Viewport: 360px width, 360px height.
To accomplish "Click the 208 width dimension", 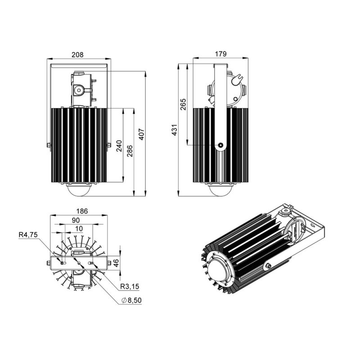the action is pyautogui.click(x=77, y=55).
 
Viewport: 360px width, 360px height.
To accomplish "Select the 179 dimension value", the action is pyautogui.click(x=220, y=54).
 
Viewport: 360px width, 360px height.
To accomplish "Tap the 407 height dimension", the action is pyautogui.click(x=141, y=134).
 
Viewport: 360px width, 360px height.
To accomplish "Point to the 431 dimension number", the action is pyautogui.click(x=175, y=130).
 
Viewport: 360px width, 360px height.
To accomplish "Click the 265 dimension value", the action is pyautogui.click(x=183, y=104).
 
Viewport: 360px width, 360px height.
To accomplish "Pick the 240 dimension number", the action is pyautogui.click(x=119, y=146).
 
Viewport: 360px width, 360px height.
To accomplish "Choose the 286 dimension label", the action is pyautogui.click(x=130, y=151).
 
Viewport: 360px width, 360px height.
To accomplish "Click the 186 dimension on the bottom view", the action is pyautogui.click(x=82, y=211).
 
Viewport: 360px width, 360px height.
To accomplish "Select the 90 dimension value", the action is pyautogui.click(x=76, y=220).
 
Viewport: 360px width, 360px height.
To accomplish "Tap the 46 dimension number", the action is pyautogui.click(x=116, y=263).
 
